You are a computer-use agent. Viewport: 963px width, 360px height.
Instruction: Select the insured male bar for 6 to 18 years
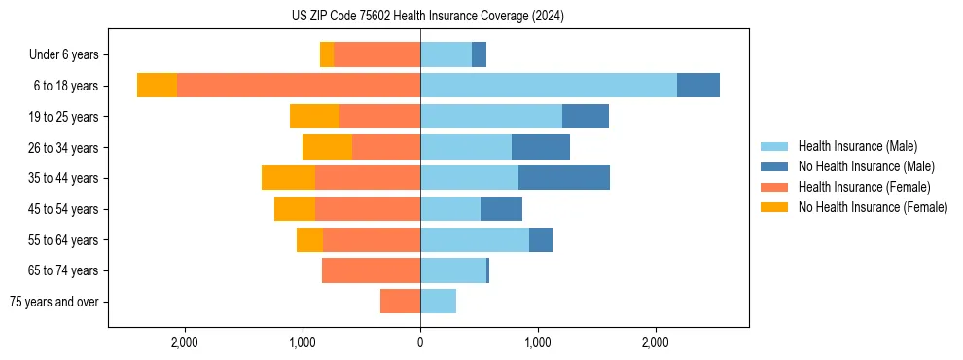(549, 86)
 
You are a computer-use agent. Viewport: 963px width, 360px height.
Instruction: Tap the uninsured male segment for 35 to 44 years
(564, 178)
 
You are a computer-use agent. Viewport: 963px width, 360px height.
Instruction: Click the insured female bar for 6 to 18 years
(299, 86)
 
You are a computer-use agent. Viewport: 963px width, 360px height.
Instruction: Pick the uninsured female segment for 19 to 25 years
(314, 117)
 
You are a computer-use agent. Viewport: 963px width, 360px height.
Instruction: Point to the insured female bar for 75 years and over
(400, 302)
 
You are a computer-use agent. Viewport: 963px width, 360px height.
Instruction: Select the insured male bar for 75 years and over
(438, 302)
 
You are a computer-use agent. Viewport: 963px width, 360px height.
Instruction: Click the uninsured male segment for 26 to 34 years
(541, 147)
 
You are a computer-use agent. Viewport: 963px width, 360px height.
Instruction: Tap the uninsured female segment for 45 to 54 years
(295, 209)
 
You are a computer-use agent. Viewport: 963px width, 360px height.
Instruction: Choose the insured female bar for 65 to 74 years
(371, 270)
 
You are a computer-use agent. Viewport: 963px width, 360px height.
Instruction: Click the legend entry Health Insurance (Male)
(857, 146)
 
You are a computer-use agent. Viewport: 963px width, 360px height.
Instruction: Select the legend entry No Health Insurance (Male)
(866, 166)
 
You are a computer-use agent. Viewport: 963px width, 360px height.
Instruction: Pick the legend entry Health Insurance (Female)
(864, 187)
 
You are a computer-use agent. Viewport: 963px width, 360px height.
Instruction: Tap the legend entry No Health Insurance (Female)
(873, 207)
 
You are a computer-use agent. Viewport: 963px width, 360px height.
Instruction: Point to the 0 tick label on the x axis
(420, 342)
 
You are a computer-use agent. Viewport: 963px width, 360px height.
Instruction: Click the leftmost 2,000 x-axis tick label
(184, 342)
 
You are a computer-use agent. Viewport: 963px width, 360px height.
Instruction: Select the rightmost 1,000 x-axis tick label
(538, 342)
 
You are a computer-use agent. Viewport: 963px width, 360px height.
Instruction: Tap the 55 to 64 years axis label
(63, 240)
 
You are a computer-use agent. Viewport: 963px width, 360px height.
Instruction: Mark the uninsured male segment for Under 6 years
(479, 54)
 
